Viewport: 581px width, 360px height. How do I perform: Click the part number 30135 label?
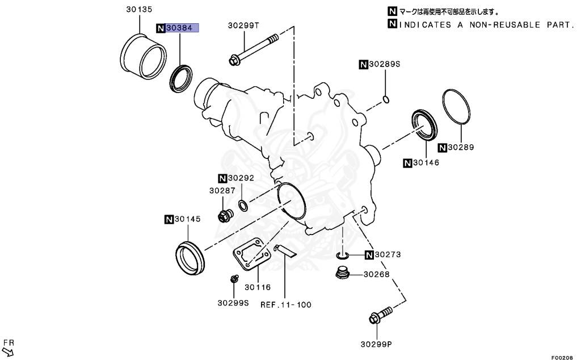tap(139, 10)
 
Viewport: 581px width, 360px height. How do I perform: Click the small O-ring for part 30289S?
tap(385, 100)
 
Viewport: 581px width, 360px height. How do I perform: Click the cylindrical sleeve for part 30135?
tap(144, 55)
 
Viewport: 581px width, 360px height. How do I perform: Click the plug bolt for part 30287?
tap(224, 216)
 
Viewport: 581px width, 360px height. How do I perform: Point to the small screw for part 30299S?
tap(233, 279)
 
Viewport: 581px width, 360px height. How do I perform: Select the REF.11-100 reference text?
tap(286, 305)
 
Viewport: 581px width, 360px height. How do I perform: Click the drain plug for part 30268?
tap(342, 274)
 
